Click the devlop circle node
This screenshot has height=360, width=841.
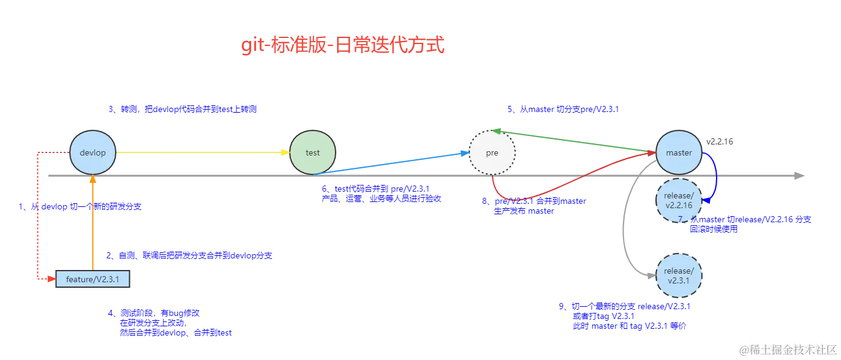click(x=93, y=152)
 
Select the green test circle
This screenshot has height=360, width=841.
click(x=312, y=152)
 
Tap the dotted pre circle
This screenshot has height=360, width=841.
click(x=492, y=152)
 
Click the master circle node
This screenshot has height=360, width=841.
click(x=679, y=152)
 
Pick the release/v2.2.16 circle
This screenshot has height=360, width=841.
click(x=679, y=200)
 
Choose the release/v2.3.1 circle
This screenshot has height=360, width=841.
click(x=679, y=276)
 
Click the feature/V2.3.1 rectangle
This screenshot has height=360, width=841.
click(x=92, y=279)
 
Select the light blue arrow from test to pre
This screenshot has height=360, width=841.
click(x=392, y=165)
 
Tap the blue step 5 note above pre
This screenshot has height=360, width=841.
click(x=564, y=109)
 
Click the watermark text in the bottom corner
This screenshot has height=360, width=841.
click(x=787, y=350)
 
